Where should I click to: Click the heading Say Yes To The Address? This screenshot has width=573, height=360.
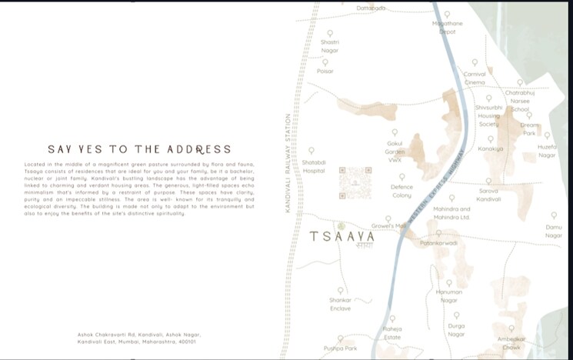(x=138, y=149)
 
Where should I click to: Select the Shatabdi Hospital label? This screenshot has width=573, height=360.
(x=314, y=167)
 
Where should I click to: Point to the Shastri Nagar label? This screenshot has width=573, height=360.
(x=330, y=47)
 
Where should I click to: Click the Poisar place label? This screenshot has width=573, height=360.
(x=325, y=71)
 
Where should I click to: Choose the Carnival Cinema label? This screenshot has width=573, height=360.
(x=475, y=78)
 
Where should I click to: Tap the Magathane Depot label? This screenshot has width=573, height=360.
(x=447, y=28)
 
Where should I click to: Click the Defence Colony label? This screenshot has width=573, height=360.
(x=401, y=192)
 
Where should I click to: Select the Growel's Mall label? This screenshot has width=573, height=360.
(x=388, y=226)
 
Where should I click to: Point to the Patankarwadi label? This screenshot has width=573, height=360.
(x=438, y=243)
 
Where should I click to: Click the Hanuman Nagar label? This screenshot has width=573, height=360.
(x=449, y=296)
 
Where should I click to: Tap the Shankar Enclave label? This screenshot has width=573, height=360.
(x=340, y=304)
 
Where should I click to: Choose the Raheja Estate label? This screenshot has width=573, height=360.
(x=392, y=332)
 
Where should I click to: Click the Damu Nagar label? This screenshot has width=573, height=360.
(x=554, y=231)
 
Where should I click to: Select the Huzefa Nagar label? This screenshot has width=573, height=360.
(x=547, y=151)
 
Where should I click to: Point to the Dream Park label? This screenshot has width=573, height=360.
(x=529, y=128)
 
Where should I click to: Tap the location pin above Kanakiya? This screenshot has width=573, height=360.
(x=490, y=139)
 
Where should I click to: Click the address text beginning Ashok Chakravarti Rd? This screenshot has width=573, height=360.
(x=137, y=338)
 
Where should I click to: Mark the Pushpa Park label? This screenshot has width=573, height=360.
(x=340, y=348)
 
